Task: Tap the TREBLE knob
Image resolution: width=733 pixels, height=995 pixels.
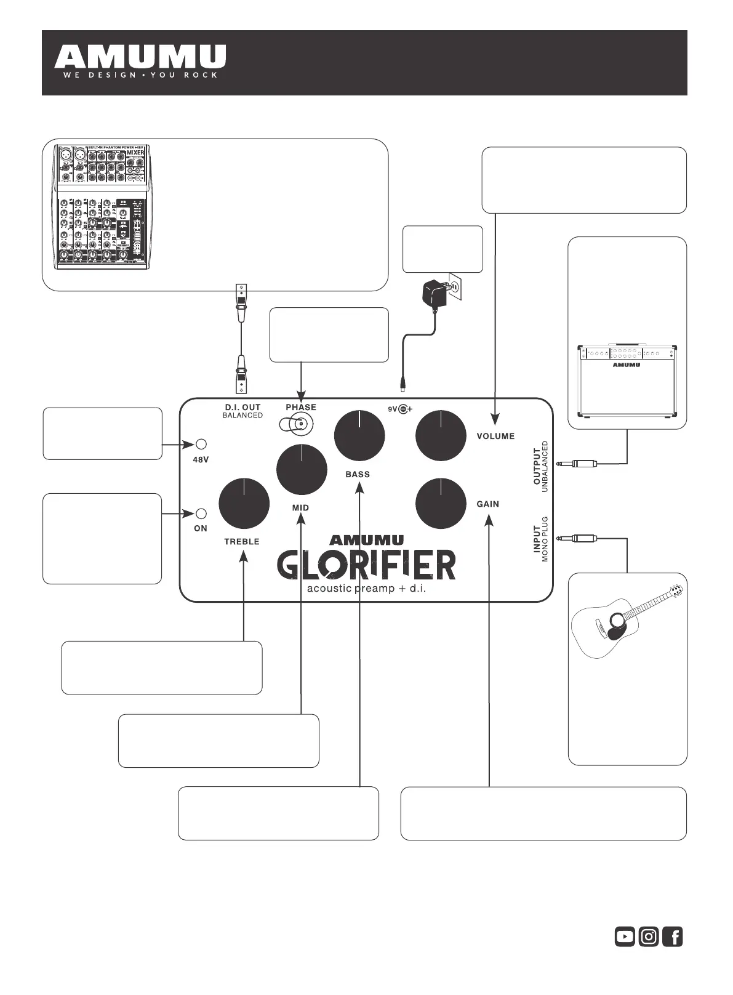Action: (x=244, y=503)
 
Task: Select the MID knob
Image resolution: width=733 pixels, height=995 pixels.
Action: (x=302, y=469)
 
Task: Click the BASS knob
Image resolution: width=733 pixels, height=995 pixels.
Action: (x=359, y=435)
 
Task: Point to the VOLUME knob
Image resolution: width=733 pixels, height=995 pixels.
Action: (x=441, y=435)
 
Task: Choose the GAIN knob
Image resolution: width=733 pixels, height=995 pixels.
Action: (x=441, y=503)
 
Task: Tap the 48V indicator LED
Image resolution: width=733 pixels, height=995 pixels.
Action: (x=201, y=444)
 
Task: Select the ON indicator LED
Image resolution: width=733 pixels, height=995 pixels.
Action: (x=201, y=513)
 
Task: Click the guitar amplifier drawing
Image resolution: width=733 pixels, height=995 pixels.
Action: (x=627, y=382)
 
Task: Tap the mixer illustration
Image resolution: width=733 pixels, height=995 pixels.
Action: (x=102, y=207)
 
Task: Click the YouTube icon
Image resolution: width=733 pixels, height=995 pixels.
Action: (x=625, y=937)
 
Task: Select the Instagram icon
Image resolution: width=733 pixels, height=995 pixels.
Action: (x=649, y=937)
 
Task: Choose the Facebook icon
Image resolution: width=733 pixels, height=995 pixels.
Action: (x=673, y=937)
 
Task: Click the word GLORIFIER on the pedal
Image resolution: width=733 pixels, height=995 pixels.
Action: (x=366, y=564)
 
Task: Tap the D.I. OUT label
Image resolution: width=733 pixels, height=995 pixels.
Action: (x=242, y=407)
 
